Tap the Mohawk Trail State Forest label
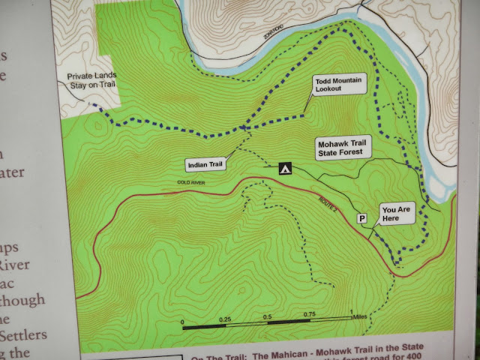click(341, 146)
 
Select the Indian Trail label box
click(205, 163)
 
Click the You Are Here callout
click(396, 214)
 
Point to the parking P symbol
click(362, 219)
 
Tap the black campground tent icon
click(285, 169)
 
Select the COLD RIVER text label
click(193, 182)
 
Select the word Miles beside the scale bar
click(364, 316)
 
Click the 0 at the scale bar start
click(184, 322)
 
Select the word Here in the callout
click(391, 219)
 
